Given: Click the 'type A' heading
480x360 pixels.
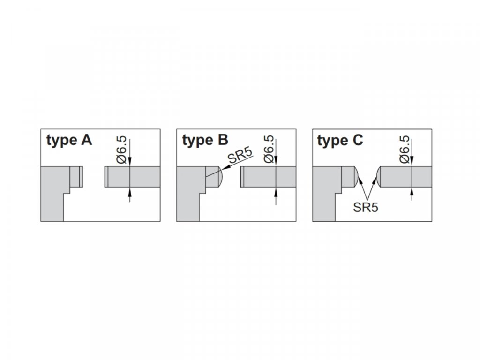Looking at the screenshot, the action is click(x=69, y=140).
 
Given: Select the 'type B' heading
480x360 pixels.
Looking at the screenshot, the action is click(x=205, y=140).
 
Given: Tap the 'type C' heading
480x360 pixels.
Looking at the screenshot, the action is click(x=340, y=141).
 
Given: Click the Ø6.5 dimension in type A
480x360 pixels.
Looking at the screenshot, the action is click(x=121, y=150).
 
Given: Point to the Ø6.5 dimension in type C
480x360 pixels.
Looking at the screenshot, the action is click(x=405, y=150).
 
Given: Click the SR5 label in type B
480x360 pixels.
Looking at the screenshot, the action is click(x=240, y=157).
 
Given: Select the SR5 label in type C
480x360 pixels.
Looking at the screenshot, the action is click(x=366, y=207).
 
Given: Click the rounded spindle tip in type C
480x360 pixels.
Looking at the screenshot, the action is click(x=379, y=177).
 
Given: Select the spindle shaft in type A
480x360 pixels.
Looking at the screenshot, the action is click(x=132, y=177).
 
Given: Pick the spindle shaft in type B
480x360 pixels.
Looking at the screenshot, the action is click(x=268, y=177).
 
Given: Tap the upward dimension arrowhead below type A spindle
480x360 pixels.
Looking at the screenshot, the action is click(x=130, y=191).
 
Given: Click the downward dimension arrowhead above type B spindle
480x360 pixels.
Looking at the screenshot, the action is click(x=276, y=162).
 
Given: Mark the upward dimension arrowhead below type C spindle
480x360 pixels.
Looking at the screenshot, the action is click(x=412, y=191).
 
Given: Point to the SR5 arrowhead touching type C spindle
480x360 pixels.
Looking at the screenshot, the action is click(x=375, y=180).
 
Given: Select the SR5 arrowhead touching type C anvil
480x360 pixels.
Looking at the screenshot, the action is click(x=360, y=180).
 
